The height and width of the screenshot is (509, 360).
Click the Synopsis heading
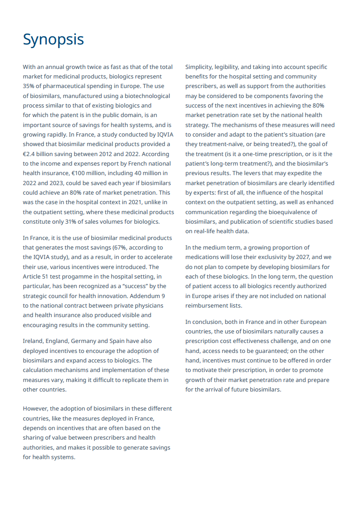pyautogui.click(x=53, y=39)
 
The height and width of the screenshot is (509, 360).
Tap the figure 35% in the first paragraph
pyautogui.click(x=30, y=86)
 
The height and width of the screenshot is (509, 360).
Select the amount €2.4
pyautogui.click(x=30, y=154)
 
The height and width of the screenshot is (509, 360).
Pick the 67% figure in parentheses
pyautogui.click(x=124, y=247)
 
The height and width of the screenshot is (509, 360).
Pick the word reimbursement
pyautogui.click(x=207, y=305)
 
